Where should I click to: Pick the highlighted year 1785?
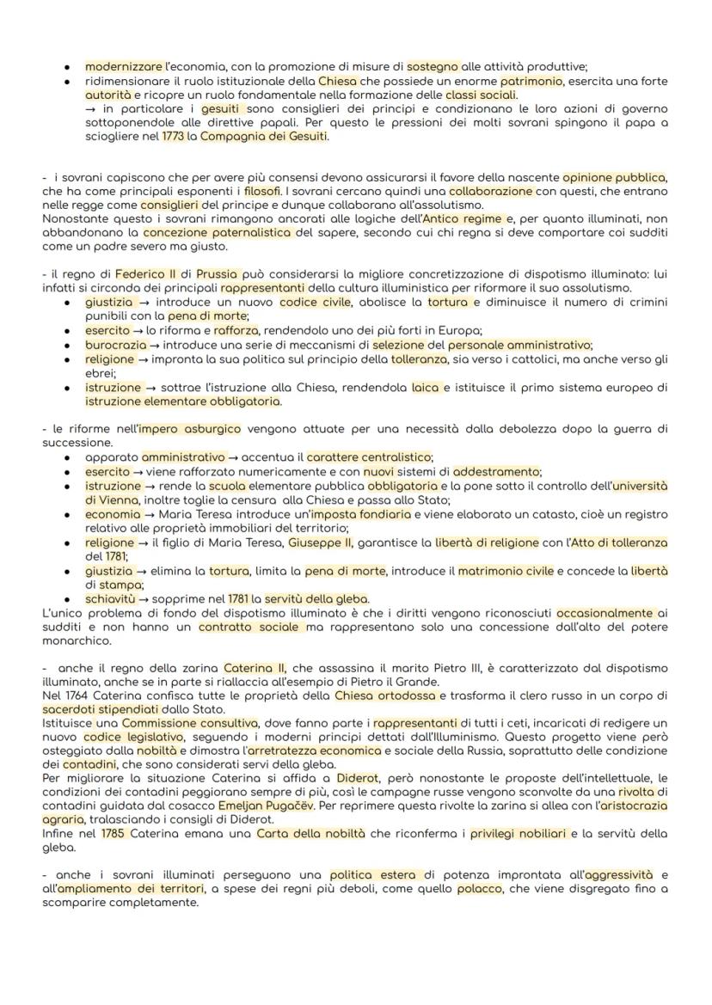coord(113,834)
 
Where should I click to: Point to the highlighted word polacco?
coord(479,889)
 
